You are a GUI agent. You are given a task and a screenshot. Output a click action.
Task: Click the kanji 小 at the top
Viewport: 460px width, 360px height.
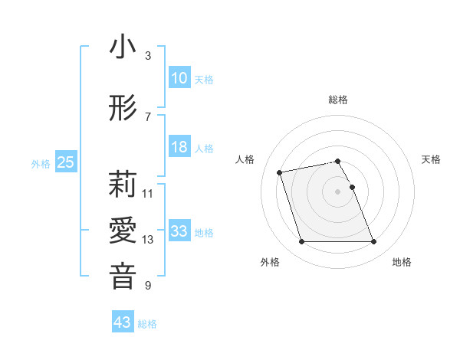(123, 47)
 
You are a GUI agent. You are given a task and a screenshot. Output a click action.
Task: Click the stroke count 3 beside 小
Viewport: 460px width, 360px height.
(147, 56)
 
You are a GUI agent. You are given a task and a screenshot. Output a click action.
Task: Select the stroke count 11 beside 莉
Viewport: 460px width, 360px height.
(148, 193)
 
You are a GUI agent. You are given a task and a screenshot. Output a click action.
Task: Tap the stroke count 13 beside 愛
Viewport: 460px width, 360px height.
(148, 240)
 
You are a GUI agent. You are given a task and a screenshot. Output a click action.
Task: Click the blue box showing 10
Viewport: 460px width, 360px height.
(179, 78)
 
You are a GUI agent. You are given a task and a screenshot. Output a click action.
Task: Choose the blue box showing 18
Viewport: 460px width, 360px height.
(179, 147)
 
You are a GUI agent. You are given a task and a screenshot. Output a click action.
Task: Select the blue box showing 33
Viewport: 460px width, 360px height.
(179, 231)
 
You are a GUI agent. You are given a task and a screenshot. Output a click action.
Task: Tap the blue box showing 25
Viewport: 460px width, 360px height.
(65, 162)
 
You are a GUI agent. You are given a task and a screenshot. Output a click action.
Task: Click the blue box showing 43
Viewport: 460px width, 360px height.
(123, 322)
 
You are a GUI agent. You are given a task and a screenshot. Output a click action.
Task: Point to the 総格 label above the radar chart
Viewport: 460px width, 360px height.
(338, 100)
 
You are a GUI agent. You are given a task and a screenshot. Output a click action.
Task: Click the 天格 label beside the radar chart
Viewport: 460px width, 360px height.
(431, 159)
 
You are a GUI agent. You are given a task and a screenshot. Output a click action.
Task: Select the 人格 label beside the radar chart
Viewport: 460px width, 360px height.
(246, 159)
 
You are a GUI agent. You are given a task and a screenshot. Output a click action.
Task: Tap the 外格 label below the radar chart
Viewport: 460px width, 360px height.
(270, 262)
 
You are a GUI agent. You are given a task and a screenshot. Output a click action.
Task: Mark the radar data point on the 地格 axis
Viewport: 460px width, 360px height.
(373, 242)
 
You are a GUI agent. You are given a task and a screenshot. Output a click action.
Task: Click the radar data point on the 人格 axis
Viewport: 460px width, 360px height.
(280, 172)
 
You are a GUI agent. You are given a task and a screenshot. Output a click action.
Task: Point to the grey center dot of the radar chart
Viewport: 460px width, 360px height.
(338, 191)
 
